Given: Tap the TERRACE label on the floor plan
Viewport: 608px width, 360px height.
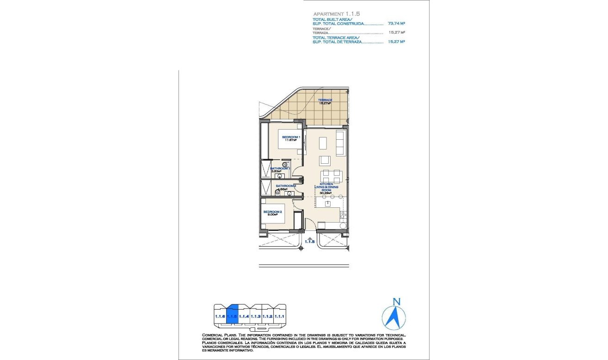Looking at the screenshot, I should [325, 100].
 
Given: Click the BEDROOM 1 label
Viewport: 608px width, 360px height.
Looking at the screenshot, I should [291, 137].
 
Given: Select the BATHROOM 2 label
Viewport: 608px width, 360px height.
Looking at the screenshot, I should [285, 186].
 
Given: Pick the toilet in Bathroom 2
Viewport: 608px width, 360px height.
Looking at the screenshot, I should [278, 193].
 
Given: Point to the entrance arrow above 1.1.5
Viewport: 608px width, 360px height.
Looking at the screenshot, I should [310, 236].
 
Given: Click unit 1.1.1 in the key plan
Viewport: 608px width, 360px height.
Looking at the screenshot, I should [279, 316].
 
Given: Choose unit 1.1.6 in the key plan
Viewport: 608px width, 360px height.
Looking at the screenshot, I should [220, 316].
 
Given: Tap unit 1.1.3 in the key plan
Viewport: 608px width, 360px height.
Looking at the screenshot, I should [256, 316].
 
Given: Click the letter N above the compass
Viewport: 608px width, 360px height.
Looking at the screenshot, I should [396, 302].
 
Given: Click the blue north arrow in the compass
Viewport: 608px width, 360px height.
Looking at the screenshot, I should [395, 317].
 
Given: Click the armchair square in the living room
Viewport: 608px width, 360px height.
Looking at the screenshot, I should [325, 160].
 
